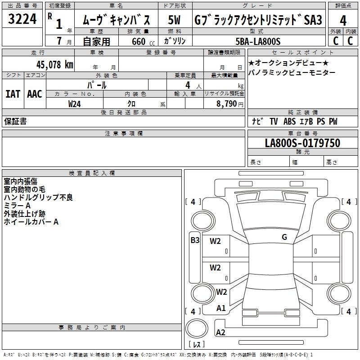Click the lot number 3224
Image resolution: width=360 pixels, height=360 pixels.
click(22, 19)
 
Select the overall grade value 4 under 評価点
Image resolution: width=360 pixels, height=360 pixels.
click(343, 21)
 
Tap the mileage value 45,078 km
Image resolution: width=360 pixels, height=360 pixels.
click(54, 65)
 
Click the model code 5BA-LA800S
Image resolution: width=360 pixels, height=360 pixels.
click(258, 41)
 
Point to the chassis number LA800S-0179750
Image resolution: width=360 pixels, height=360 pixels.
click(302, 143)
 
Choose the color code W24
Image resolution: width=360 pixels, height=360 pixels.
click(74, 104)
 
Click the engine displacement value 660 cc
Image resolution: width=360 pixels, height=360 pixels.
click(143, 41)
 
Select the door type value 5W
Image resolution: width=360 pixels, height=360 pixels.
click(174, 20)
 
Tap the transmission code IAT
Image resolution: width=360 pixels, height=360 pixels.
click(13, 94)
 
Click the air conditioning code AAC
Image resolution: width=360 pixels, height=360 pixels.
click(35, 94)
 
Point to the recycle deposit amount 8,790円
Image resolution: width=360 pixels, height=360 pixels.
click(230, 104)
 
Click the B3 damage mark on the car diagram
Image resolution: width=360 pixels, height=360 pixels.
click(195, 240)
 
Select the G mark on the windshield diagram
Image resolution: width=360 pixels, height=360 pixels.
click(284, 237)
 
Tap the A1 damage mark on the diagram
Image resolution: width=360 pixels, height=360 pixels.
click(221, 308)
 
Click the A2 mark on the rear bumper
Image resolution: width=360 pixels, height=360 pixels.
click(220, 332)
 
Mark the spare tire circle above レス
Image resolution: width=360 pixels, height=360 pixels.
click(197, 328)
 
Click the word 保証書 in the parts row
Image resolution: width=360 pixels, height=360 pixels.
click(15, 121)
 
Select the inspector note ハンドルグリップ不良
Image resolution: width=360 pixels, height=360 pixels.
click(38, 198)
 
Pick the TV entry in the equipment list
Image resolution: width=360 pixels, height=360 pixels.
click(274, 121)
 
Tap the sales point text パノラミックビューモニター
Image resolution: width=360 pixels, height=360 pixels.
click(292, 73)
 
